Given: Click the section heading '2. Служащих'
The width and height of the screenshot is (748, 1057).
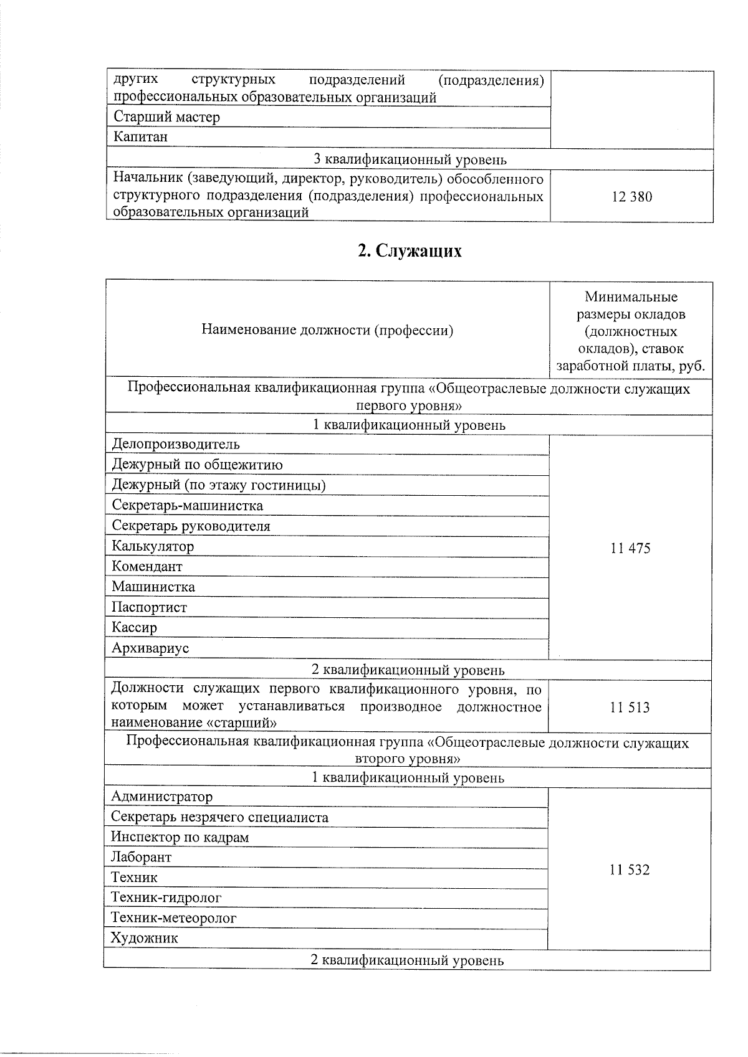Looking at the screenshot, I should point(410,251).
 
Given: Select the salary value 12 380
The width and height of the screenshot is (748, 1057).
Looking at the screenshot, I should point(631,197).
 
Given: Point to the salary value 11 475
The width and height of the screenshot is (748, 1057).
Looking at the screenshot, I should point(630,548).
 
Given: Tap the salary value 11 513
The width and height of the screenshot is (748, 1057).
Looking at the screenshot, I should point(630,708).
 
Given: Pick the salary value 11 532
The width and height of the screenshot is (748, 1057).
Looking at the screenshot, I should point(630,870).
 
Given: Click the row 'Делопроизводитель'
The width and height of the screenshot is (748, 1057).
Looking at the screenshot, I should point(176,445).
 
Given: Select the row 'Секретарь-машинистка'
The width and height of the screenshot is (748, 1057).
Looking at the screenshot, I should point(187,506).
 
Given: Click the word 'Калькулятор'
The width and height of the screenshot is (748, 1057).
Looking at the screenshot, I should point(153,546).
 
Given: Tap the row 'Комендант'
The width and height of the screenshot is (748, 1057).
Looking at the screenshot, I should point(147,567).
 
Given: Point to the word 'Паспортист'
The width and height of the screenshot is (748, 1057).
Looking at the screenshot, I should point(149,607).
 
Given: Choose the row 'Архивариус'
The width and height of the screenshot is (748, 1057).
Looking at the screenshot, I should point(150,648).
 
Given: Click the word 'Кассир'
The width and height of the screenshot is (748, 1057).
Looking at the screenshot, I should point(134,628).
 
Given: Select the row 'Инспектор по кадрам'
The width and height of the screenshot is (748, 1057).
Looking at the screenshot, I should point(180,838).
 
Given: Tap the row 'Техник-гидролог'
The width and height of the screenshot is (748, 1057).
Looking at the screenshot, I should point(166,898).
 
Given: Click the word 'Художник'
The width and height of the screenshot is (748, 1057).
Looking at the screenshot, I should point(144,939).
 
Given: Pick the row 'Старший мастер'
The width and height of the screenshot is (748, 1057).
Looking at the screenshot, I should point(166,117).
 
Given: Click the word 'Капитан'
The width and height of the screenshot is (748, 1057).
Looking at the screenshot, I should point(140,137).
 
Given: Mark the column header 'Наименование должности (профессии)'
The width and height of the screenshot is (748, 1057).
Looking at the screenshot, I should point(327,331).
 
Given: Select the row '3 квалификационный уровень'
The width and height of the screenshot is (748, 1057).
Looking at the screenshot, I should point(410,160).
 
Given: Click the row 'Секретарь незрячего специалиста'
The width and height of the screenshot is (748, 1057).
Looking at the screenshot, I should point(219,817).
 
